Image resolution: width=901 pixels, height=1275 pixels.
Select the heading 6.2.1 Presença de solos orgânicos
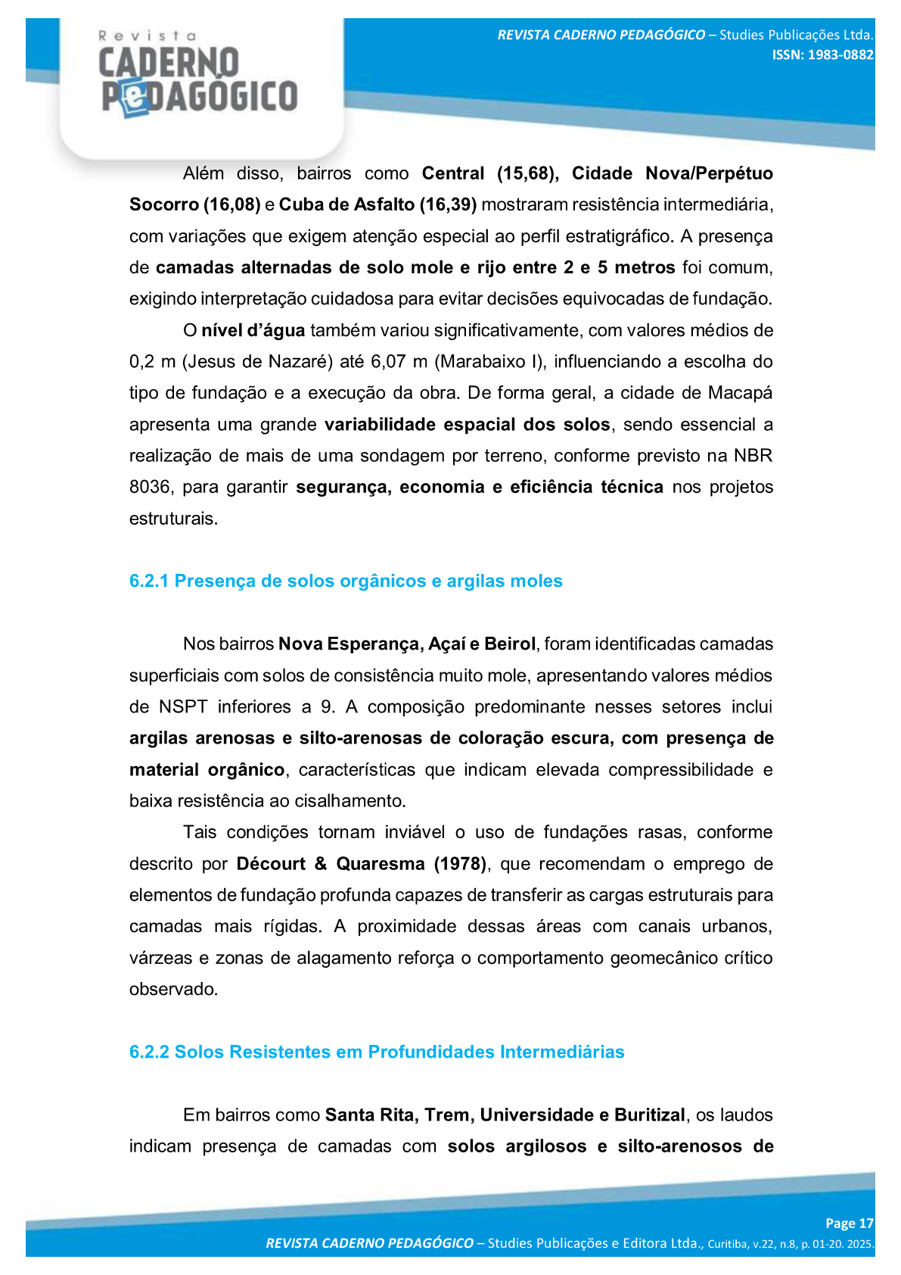(x=346, y=581)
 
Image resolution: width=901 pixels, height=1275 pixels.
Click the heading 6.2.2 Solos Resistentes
(x=377, y=1052)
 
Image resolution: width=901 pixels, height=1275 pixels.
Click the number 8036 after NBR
(x=150, y=487)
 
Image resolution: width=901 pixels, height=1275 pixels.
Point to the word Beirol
(x=510, y=644)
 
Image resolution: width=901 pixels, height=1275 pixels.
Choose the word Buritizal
(x=649, y=1114)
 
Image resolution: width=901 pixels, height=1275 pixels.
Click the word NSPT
(x=183, y=706)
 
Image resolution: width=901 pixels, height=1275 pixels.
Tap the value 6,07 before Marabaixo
(x=388, y=361)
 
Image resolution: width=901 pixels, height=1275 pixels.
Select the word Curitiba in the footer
(x=727, y=1244)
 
